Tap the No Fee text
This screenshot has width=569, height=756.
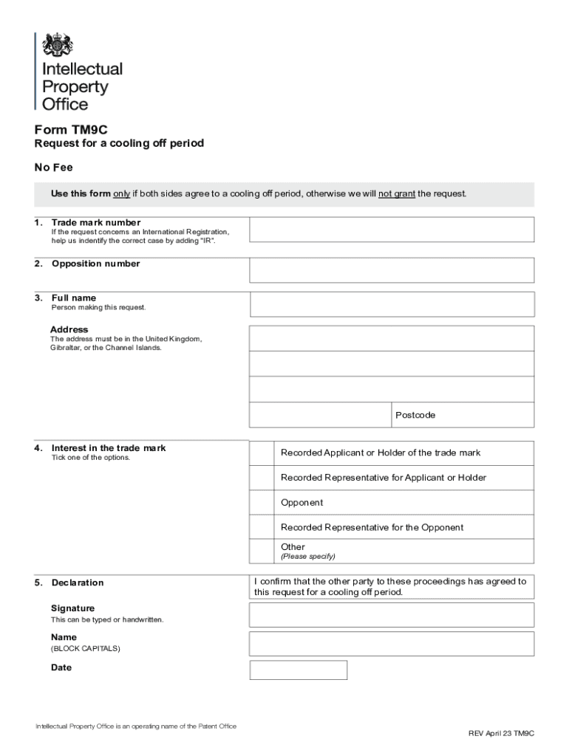click(54, 168)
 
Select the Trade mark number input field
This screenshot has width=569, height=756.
click(391, 230)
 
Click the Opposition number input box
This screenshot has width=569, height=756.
click(391, 270)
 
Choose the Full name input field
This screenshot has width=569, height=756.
click(391, 304)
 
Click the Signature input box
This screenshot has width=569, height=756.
click(391, 615)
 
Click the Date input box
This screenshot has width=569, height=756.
click(298, 670)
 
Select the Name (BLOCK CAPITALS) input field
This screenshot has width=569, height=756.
click(391, 644)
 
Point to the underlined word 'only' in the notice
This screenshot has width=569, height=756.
click(121, 194)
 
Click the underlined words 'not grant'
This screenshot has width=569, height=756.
click(397, 194)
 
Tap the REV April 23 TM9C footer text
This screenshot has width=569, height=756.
click(500, 733)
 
